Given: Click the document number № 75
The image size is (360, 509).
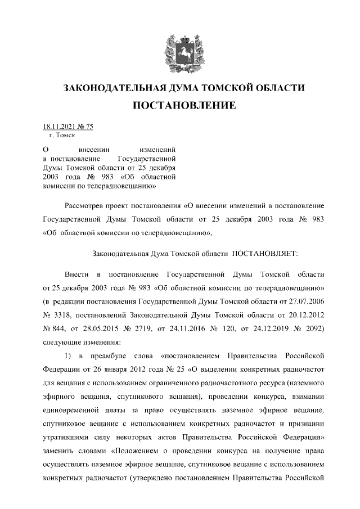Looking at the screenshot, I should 85,127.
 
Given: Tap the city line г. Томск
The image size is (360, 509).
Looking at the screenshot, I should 62,136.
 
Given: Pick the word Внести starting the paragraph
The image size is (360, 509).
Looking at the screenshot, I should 76,274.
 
